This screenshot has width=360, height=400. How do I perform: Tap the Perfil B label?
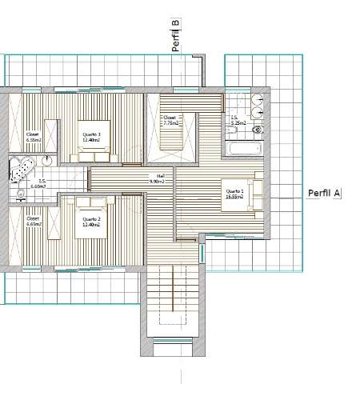coord(176,36)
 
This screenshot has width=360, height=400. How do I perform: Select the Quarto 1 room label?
coord(234,194)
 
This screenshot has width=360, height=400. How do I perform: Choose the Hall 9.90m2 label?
coord(157,179)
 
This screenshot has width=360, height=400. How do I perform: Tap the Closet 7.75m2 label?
coord(170,121)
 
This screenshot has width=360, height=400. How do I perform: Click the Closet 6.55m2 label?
coord(33,137)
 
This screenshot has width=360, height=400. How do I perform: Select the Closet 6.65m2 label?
coord(33,222)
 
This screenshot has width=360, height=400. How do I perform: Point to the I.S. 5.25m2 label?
coord(236,122)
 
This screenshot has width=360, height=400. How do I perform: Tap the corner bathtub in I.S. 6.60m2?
coord(19,169)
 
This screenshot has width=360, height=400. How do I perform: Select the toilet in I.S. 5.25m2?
coord(257,129)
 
